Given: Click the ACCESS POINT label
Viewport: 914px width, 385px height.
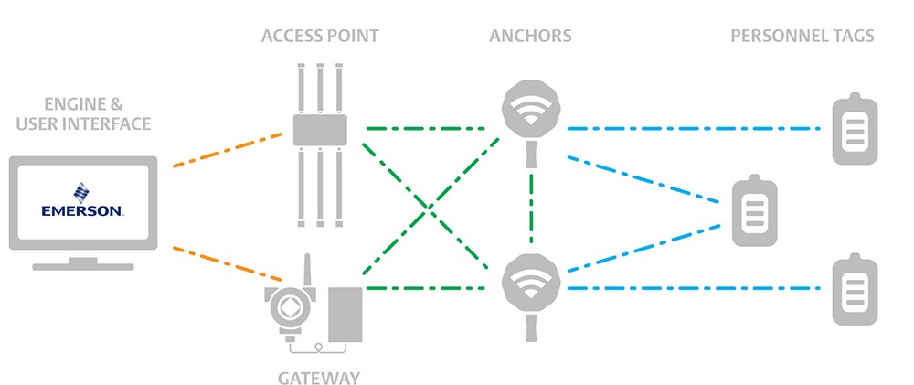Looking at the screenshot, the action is (320, 37).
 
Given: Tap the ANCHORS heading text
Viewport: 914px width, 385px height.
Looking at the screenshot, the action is (530, 37).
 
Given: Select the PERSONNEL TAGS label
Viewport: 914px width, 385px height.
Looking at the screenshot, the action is (802, 37).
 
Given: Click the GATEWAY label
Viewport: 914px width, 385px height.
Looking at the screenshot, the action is (319, 378).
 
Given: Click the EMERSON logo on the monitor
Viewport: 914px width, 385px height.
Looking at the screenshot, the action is (82, 200).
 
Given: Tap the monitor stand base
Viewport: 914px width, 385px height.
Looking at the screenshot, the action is (83, 267).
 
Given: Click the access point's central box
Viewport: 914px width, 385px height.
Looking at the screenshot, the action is (320, 130).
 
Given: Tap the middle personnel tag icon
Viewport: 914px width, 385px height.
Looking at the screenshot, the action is (755, 210).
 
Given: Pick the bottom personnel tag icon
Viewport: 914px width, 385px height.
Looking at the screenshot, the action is (855, 289).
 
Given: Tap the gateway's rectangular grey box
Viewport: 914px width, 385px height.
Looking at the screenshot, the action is (345, 315).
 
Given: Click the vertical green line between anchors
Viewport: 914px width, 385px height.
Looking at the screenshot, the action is (531, 207).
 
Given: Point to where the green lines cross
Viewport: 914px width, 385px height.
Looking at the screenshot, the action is (430, 207).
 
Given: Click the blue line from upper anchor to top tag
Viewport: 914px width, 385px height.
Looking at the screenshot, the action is (695, 128).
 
